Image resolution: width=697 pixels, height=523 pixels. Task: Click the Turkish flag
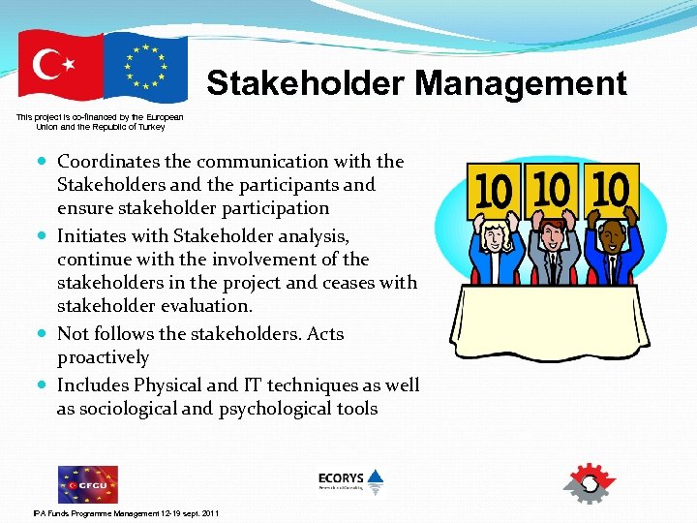pos(60,66)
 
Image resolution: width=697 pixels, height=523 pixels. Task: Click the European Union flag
pos(145,67)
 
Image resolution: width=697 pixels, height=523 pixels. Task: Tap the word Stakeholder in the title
pos(307,83)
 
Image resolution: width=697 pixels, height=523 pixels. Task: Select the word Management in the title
pos(523,83)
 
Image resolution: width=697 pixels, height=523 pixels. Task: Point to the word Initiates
pos(93,235)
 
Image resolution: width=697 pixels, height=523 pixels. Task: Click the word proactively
pos(103,358)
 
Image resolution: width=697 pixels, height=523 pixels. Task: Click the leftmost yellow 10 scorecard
pos(493,191)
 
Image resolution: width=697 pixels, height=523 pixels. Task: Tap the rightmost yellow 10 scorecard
pos(610,189)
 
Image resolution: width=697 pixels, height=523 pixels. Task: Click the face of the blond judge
pos(496,235)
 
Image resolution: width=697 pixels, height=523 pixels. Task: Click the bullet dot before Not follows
pos(45,335)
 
